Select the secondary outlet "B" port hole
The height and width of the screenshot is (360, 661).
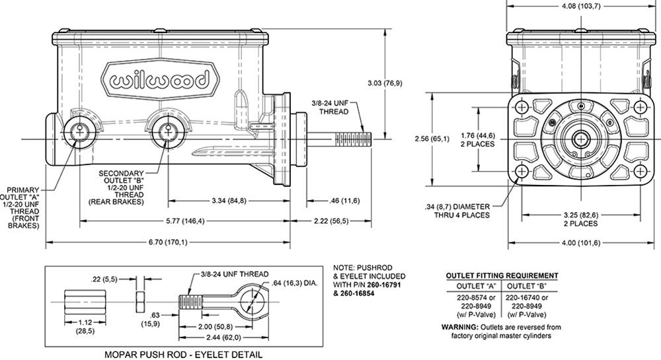165,130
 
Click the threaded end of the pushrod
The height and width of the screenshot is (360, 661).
354,139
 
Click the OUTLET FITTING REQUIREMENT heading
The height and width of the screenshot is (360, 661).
502,275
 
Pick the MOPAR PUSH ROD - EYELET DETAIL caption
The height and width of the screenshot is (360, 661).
183,354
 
